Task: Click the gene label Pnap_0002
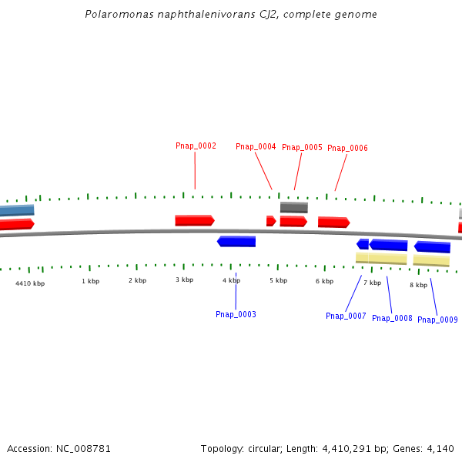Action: click(196, 146)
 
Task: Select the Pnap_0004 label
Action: click(256, 146)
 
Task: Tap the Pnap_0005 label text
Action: click(302, 147)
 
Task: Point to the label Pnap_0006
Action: click(347, 148)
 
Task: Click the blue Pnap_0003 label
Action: click(236, 314)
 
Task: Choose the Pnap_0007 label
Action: click(346, 316)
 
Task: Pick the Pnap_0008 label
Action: click(392, 318)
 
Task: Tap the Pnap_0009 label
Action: click(437, 320)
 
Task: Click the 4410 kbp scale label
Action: click(30, 283)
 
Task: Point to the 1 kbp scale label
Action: click(90, 281)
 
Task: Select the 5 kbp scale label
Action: click(278, 280)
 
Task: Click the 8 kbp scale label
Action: click(418, 285)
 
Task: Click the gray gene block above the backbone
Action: click(293, 207)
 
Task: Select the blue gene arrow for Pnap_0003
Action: click(236, 241)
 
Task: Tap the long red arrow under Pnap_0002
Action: click(194, 220)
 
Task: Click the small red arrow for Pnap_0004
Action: click(270, 221)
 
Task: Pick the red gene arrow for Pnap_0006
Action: click(333, 222)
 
